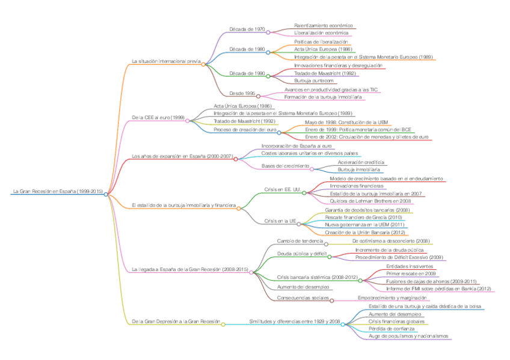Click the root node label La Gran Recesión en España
pyautogui.click(x=57, y=192)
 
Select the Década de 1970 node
pyautogui.click(x=247, y=29)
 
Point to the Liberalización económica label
pyautogui.click(x=321, y=32)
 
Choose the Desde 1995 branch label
pyautogui.click(x=242, y=93)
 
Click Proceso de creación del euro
pyautogui.click(x=245, y=129)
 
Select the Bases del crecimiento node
pyautogui.click(x=285, y=166)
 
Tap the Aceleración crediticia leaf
pyautogui.click(x=361, y=162)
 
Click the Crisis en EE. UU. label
pyautogui.click(x=282, y=189)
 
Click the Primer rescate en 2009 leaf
pyautogui.click(x=411, y=273)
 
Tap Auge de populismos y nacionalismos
pyautogui.click(x=408, y=336)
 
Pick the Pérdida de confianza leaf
pyautogui.click(x=392, y=329)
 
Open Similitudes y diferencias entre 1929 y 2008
pyautogui.click(x=295, y=322)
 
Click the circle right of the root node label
pyautogui.click(x=106, y=194)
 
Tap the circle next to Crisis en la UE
pyautogui.click(x=299, y=224)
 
